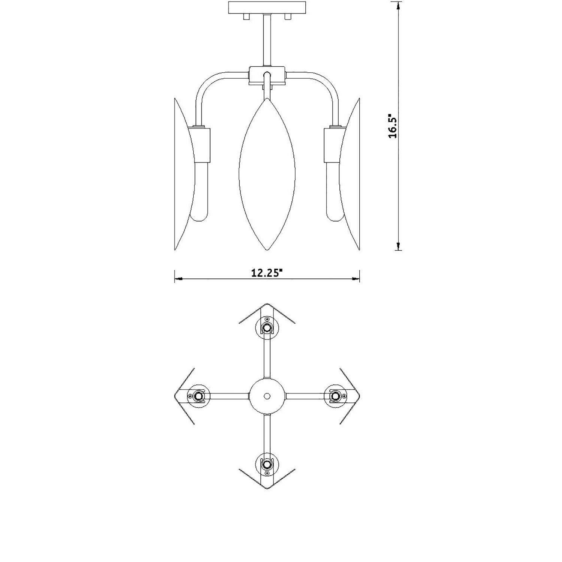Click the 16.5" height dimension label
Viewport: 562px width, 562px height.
tap(393, 126)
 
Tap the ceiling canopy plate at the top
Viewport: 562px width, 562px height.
tap(267, 8)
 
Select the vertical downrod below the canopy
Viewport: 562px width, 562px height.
tap(267, 40)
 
